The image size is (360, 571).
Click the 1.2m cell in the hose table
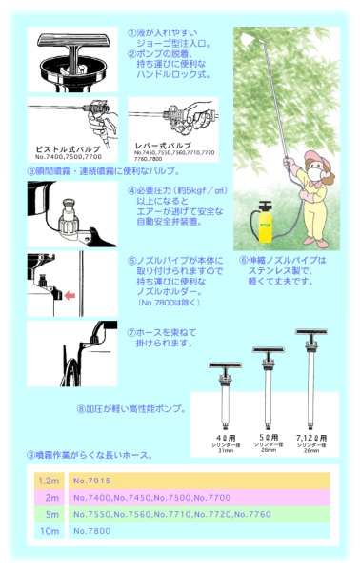click(x=49, y=482)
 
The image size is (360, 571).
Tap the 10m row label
click(x=50, y=530)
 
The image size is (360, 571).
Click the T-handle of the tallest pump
click(x=313, y=332)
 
